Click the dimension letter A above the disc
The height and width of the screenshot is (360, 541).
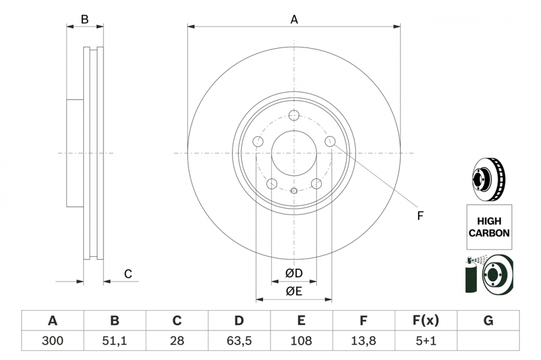pos(294,19)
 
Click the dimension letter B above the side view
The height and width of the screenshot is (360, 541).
pos(84,19)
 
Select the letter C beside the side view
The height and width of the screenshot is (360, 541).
pos(128,274)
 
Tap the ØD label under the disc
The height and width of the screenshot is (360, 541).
pos(294,274)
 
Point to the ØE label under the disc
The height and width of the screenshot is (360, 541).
pos(294,292)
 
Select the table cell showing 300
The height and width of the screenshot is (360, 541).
pos(52,341)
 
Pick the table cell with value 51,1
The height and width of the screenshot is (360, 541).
pos(115,341)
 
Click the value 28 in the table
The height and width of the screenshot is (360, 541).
pos(177,341)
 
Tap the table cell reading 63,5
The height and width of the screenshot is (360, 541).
pos(239,341)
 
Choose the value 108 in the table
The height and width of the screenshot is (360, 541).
pos(301,341)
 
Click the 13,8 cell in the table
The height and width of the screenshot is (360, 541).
pos(364,341)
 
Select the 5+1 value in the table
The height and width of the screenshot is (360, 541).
pos(426,341)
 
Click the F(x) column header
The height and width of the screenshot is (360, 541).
pos(426,321)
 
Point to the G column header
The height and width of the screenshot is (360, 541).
pos(488,321)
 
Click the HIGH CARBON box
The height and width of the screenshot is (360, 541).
pos(489,227)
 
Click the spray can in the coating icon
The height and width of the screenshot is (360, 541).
pos(471,277)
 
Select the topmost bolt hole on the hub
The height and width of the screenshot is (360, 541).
pos(294,115)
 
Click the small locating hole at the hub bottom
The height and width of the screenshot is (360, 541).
pos(294,190)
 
